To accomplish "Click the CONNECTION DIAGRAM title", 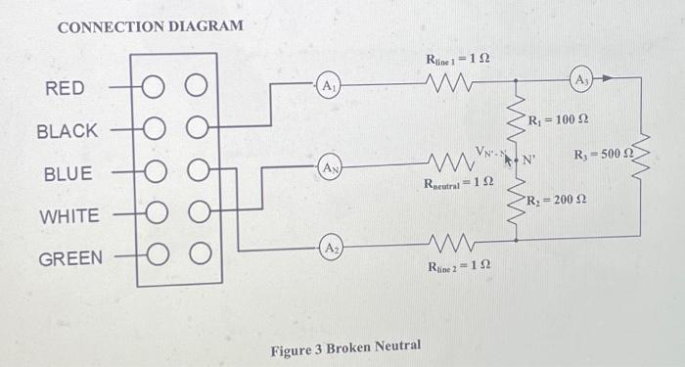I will [150, 26].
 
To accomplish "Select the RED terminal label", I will [65, 89].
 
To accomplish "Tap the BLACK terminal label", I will [67, 131].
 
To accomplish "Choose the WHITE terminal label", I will [67, 216].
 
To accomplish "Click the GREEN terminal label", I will [69, 258].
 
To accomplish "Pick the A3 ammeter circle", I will [581, 77].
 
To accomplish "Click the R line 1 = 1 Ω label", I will [458, 60].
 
